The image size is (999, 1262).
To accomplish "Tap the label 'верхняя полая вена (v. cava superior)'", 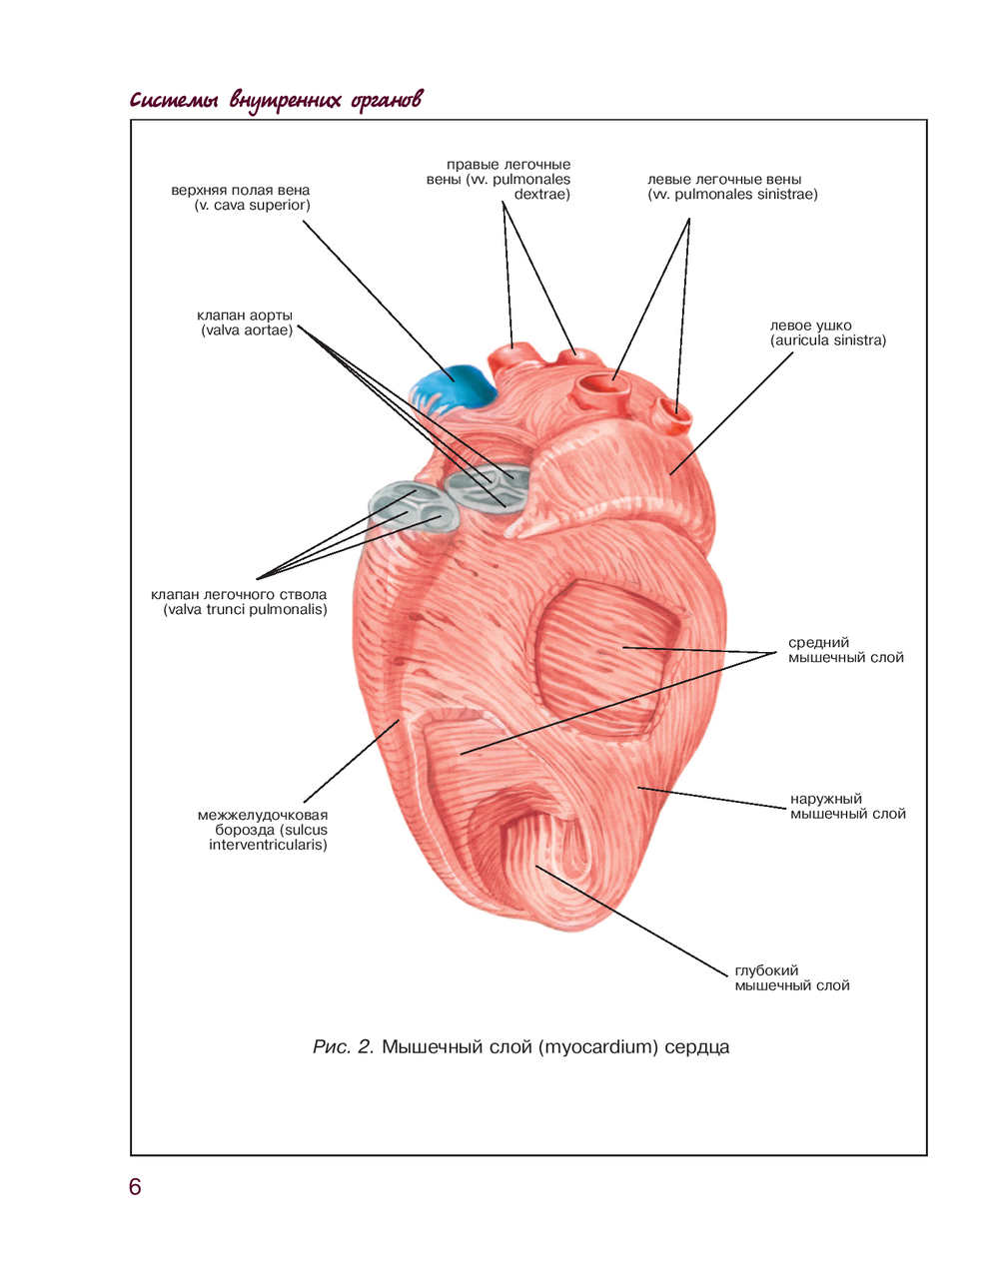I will coord(241,198).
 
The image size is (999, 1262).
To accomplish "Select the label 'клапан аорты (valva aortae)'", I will coord(246,322).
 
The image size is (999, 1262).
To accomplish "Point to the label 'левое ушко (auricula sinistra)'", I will coord(827,332).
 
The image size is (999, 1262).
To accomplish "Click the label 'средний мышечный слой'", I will coord(845,650).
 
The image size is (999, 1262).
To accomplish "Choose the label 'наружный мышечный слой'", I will coord(847,806).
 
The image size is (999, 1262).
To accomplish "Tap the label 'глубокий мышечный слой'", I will coord(791,977).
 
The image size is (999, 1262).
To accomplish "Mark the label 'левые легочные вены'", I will coord(732,187).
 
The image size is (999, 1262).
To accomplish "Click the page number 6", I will coord(135,1187).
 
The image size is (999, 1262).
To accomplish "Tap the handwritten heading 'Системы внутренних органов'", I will coord(276,100).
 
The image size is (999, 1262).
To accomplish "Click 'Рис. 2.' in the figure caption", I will coord(343,1047).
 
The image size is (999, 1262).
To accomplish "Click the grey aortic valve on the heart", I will coord(485,487).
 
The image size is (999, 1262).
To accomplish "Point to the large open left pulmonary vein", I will coord(603,383).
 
